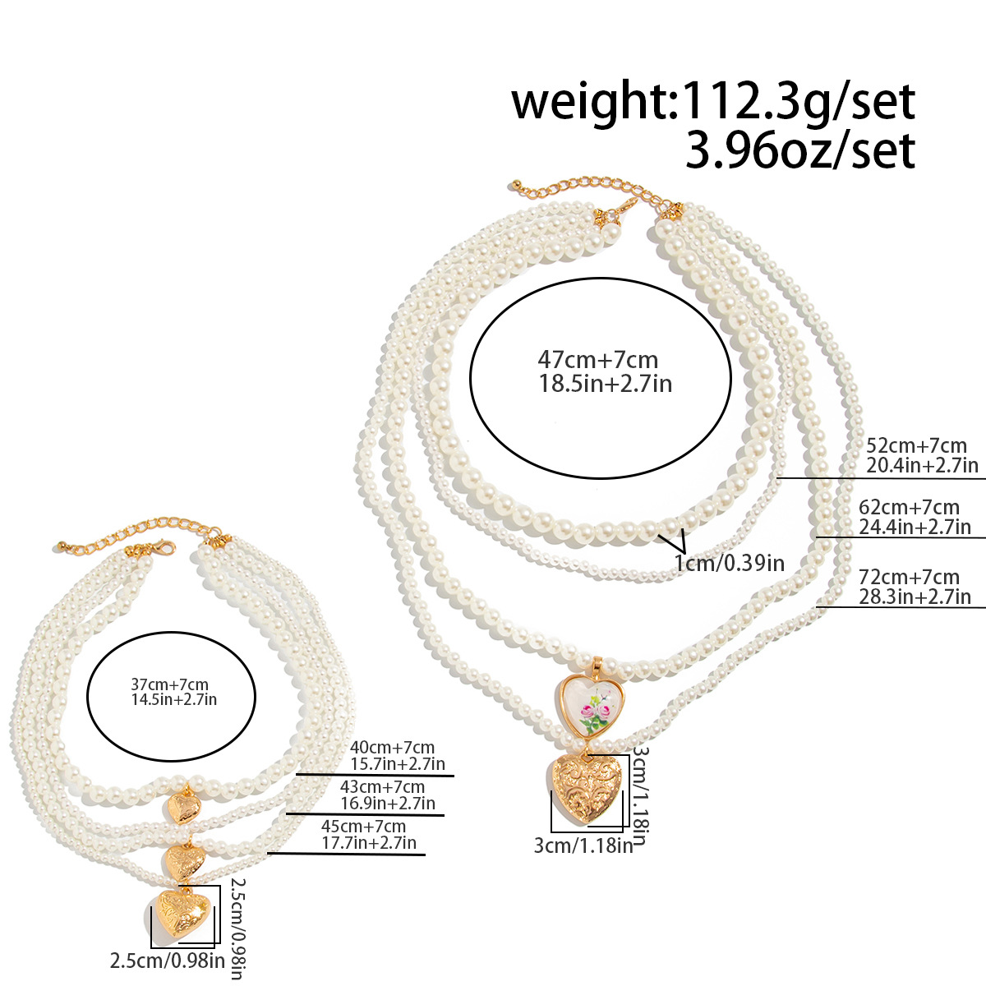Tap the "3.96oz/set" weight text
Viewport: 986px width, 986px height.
801,150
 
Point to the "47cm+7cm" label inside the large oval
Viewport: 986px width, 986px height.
597,360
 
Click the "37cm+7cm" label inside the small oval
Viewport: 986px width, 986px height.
170,684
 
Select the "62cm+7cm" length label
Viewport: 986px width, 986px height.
909,507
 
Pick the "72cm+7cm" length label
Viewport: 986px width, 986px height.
909,577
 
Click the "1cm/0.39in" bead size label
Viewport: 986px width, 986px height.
730,564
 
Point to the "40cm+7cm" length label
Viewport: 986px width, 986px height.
393,747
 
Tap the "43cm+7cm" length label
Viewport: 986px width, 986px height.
383,786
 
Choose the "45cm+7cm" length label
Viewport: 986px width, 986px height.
363,826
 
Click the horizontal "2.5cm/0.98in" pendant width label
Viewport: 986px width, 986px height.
168,961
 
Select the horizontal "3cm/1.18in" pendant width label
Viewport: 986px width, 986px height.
584,845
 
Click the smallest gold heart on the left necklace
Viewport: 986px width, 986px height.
185,808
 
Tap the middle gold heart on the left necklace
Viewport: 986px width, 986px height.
185,863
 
